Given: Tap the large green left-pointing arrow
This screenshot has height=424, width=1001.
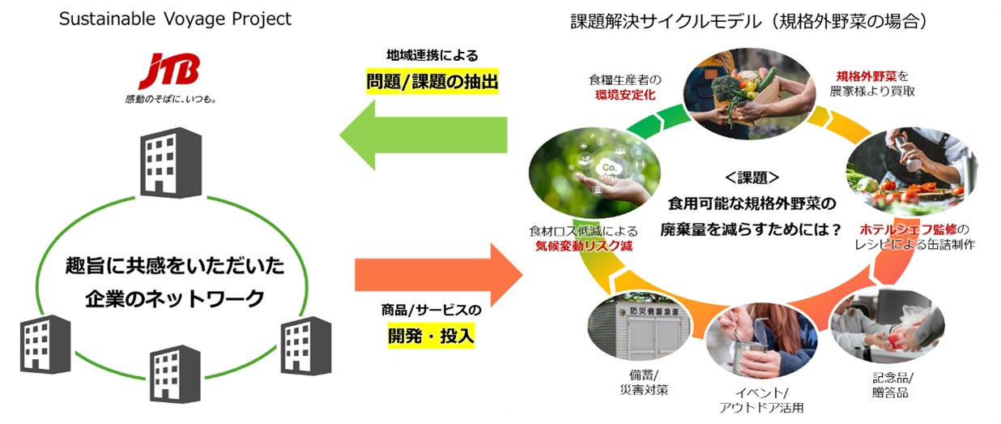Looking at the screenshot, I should click(x=422, y=135).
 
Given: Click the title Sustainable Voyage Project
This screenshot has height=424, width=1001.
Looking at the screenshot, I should click(x=175, y=19).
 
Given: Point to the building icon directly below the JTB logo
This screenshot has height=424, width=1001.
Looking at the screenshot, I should click(x=171, y=165).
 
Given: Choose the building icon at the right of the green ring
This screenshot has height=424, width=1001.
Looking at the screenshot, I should click(x=305, y=345).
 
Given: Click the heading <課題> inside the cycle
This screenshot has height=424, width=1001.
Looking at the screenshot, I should click(x=752, y=177).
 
